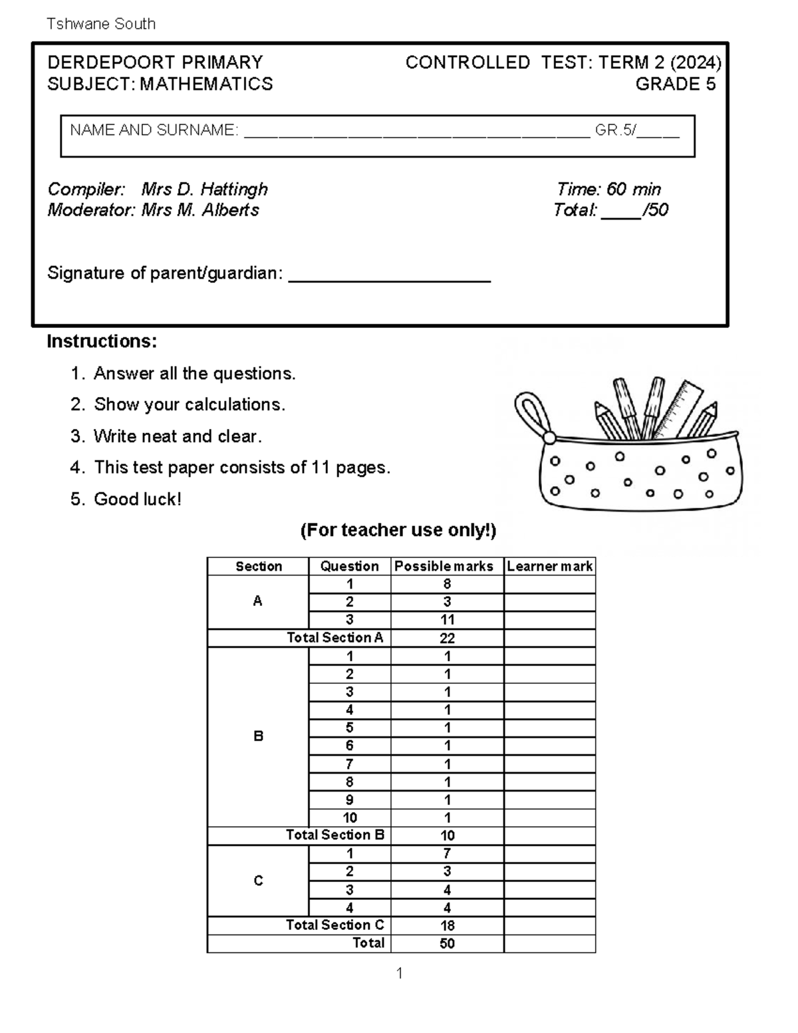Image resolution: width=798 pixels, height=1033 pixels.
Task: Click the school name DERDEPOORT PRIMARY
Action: pyautogui.click(x=155, y=63)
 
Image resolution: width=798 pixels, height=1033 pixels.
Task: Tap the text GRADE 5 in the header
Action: pyautogui.click(x=675, y=84)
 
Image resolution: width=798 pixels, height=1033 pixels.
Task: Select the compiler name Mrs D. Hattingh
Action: pyautogui.click(x=204, y=190)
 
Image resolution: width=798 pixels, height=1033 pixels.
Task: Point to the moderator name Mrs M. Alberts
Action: pyautogui.click(x=199, y=210)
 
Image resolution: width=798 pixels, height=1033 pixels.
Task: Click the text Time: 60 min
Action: pyautogui.click(x=608, y=190)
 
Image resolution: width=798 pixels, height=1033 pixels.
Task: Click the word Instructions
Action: pyautogui.click(x=102, y=342)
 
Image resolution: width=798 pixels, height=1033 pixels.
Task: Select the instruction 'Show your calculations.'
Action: pyautogui.click(x=189, y=404)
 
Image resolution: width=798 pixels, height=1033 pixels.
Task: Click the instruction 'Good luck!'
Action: pyautogui.click(x=137, y=499)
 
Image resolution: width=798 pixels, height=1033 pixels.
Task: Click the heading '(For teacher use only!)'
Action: pyautogui.click(x=398, y=530)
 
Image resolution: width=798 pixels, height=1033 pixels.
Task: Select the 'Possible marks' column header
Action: pyautogui.click(x=444, y=566)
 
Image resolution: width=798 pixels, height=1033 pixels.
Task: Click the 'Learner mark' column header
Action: pyautogui.click(x=549, y=566)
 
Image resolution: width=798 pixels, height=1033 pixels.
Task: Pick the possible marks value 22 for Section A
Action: pyautogui.click(x=447, y=638)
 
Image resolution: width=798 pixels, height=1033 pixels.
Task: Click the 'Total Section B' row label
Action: pyautogui.click(x=335, y=835)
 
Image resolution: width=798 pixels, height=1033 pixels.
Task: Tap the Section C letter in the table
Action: pyautogui.click(x=258, y=881)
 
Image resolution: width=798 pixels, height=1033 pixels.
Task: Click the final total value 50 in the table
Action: pyautogui.click(x=447, y=943)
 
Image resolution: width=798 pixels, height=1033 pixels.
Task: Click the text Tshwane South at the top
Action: pyautogui.click(x=101, y=24)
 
